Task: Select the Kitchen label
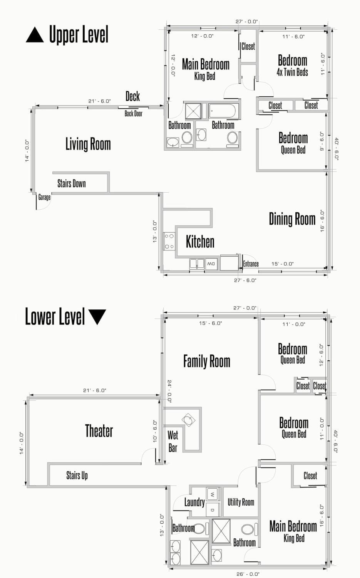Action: [x=200, y=242]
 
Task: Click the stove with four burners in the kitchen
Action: [x=169, y=241]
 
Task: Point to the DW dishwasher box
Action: [x=211, y=264]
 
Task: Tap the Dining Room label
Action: [x=292, y=219]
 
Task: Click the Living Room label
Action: [x=88, y=144]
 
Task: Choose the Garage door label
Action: [x=44, y=197]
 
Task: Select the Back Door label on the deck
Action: [x=134, y=114]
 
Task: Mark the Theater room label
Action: [x=99, y=431]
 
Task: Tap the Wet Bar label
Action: [x=173, y=442]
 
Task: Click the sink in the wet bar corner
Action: [x=189, y=420]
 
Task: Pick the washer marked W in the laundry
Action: [x=213, y=495]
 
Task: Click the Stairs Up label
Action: [x=77, y=475]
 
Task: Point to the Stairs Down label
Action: [x=72, y=184]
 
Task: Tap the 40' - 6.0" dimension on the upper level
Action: [x=336, y=149]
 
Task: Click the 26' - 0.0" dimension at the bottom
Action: [x=248, y=574]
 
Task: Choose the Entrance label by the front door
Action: [x=251, y=264]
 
